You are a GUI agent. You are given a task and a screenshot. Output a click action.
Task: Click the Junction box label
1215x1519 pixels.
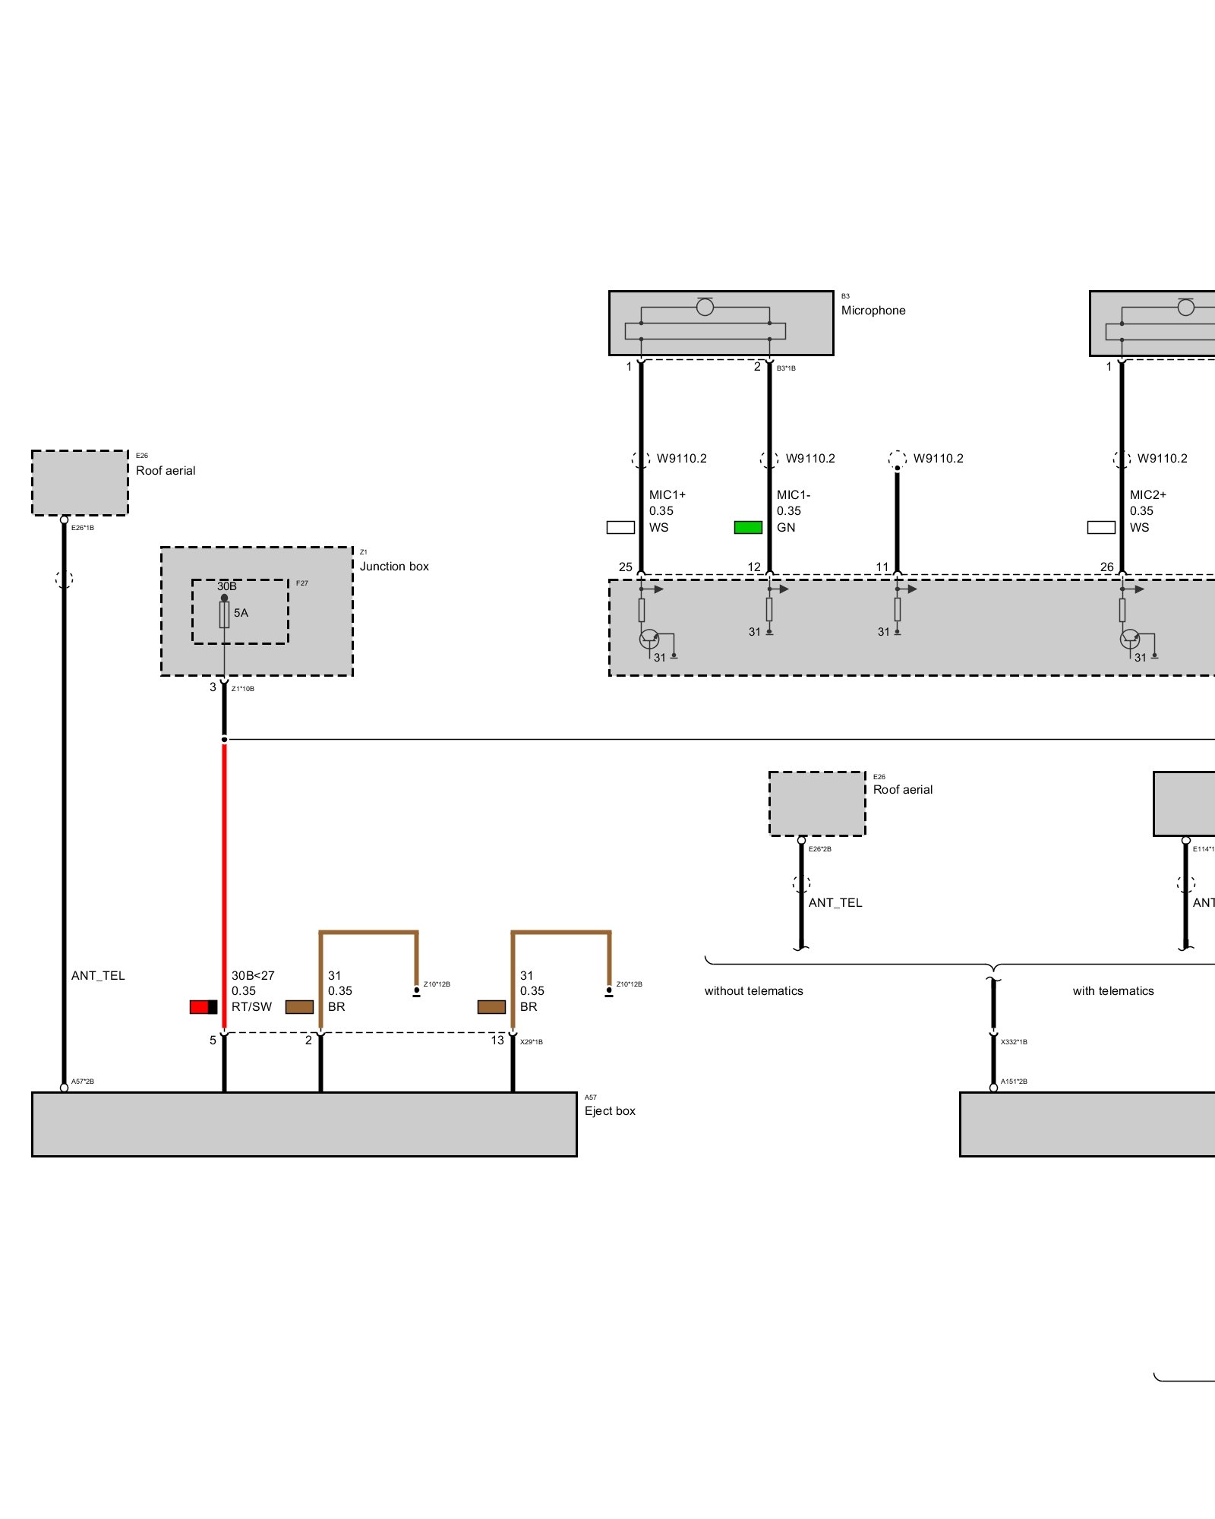(x=394, y=567)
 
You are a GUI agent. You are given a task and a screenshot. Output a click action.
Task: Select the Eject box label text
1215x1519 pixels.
(x=610, y=1111)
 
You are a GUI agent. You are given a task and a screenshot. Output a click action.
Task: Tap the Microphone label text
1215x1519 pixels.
(x=873, y=311)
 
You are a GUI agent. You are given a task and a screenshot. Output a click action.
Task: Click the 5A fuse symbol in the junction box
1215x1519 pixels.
(x=224, y=614)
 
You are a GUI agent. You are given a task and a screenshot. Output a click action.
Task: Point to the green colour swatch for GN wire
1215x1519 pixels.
(x=748, y=528)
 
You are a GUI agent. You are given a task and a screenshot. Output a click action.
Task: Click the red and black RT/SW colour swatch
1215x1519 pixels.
(x=204, y=1007)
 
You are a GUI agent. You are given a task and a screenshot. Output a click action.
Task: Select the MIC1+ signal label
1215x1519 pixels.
(x=667, y=495)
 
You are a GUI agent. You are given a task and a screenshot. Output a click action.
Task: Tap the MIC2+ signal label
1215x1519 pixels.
(x=1147, y=495)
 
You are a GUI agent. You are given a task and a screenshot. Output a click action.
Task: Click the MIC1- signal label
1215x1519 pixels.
(x=794, y=495)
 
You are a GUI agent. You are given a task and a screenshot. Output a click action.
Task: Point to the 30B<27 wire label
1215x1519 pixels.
(x=253, y=976)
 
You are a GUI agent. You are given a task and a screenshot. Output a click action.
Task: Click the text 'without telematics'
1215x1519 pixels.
(x=753, y=991)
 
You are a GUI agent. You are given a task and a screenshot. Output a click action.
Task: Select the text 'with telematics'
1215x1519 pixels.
(x=1113, y=991)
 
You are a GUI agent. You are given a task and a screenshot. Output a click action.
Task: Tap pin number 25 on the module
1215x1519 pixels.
(x=626, y=567)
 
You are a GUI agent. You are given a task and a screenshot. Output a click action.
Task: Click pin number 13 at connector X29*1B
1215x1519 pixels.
(x=497, y=1041)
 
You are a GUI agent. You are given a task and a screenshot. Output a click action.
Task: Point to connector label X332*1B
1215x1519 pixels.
(x=1014, y=1042)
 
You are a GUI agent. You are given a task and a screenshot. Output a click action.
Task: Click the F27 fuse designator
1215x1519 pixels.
(x=302, y=583)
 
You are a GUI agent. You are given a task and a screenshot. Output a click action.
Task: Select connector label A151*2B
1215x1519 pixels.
(x=1014, y=1082)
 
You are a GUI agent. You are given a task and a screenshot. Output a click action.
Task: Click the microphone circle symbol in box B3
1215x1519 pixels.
(x=705, y=307)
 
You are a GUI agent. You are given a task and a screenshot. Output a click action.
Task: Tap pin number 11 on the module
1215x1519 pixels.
(x=882, y=567)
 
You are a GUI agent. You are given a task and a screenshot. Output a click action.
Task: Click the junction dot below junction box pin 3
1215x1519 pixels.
(x=224, y=739)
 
